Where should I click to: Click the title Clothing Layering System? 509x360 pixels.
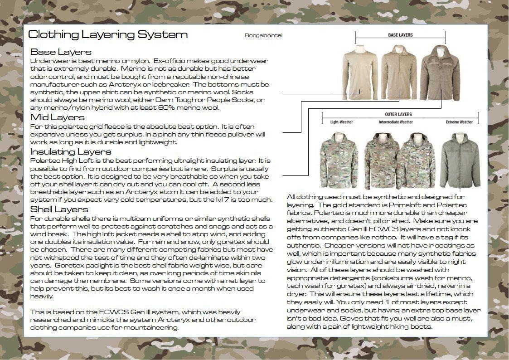[107, 35]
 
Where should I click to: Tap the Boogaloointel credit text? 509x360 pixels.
[263, 36]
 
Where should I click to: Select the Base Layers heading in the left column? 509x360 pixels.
[61, 52]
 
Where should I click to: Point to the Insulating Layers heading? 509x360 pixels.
[71, 151]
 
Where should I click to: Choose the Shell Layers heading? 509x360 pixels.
[59, 209]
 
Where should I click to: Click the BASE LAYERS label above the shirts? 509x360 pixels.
[400, 35]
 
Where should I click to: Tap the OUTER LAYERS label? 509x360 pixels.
[398, 114]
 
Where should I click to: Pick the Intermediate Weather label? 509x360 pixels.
[396, 122]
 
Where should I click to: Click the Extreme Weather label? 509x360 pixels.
[459, 122]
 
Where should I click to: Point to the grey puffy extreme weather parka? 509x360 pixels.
[460, 161]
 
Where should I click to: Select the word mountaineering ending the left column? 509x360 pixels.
[153, 327]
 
